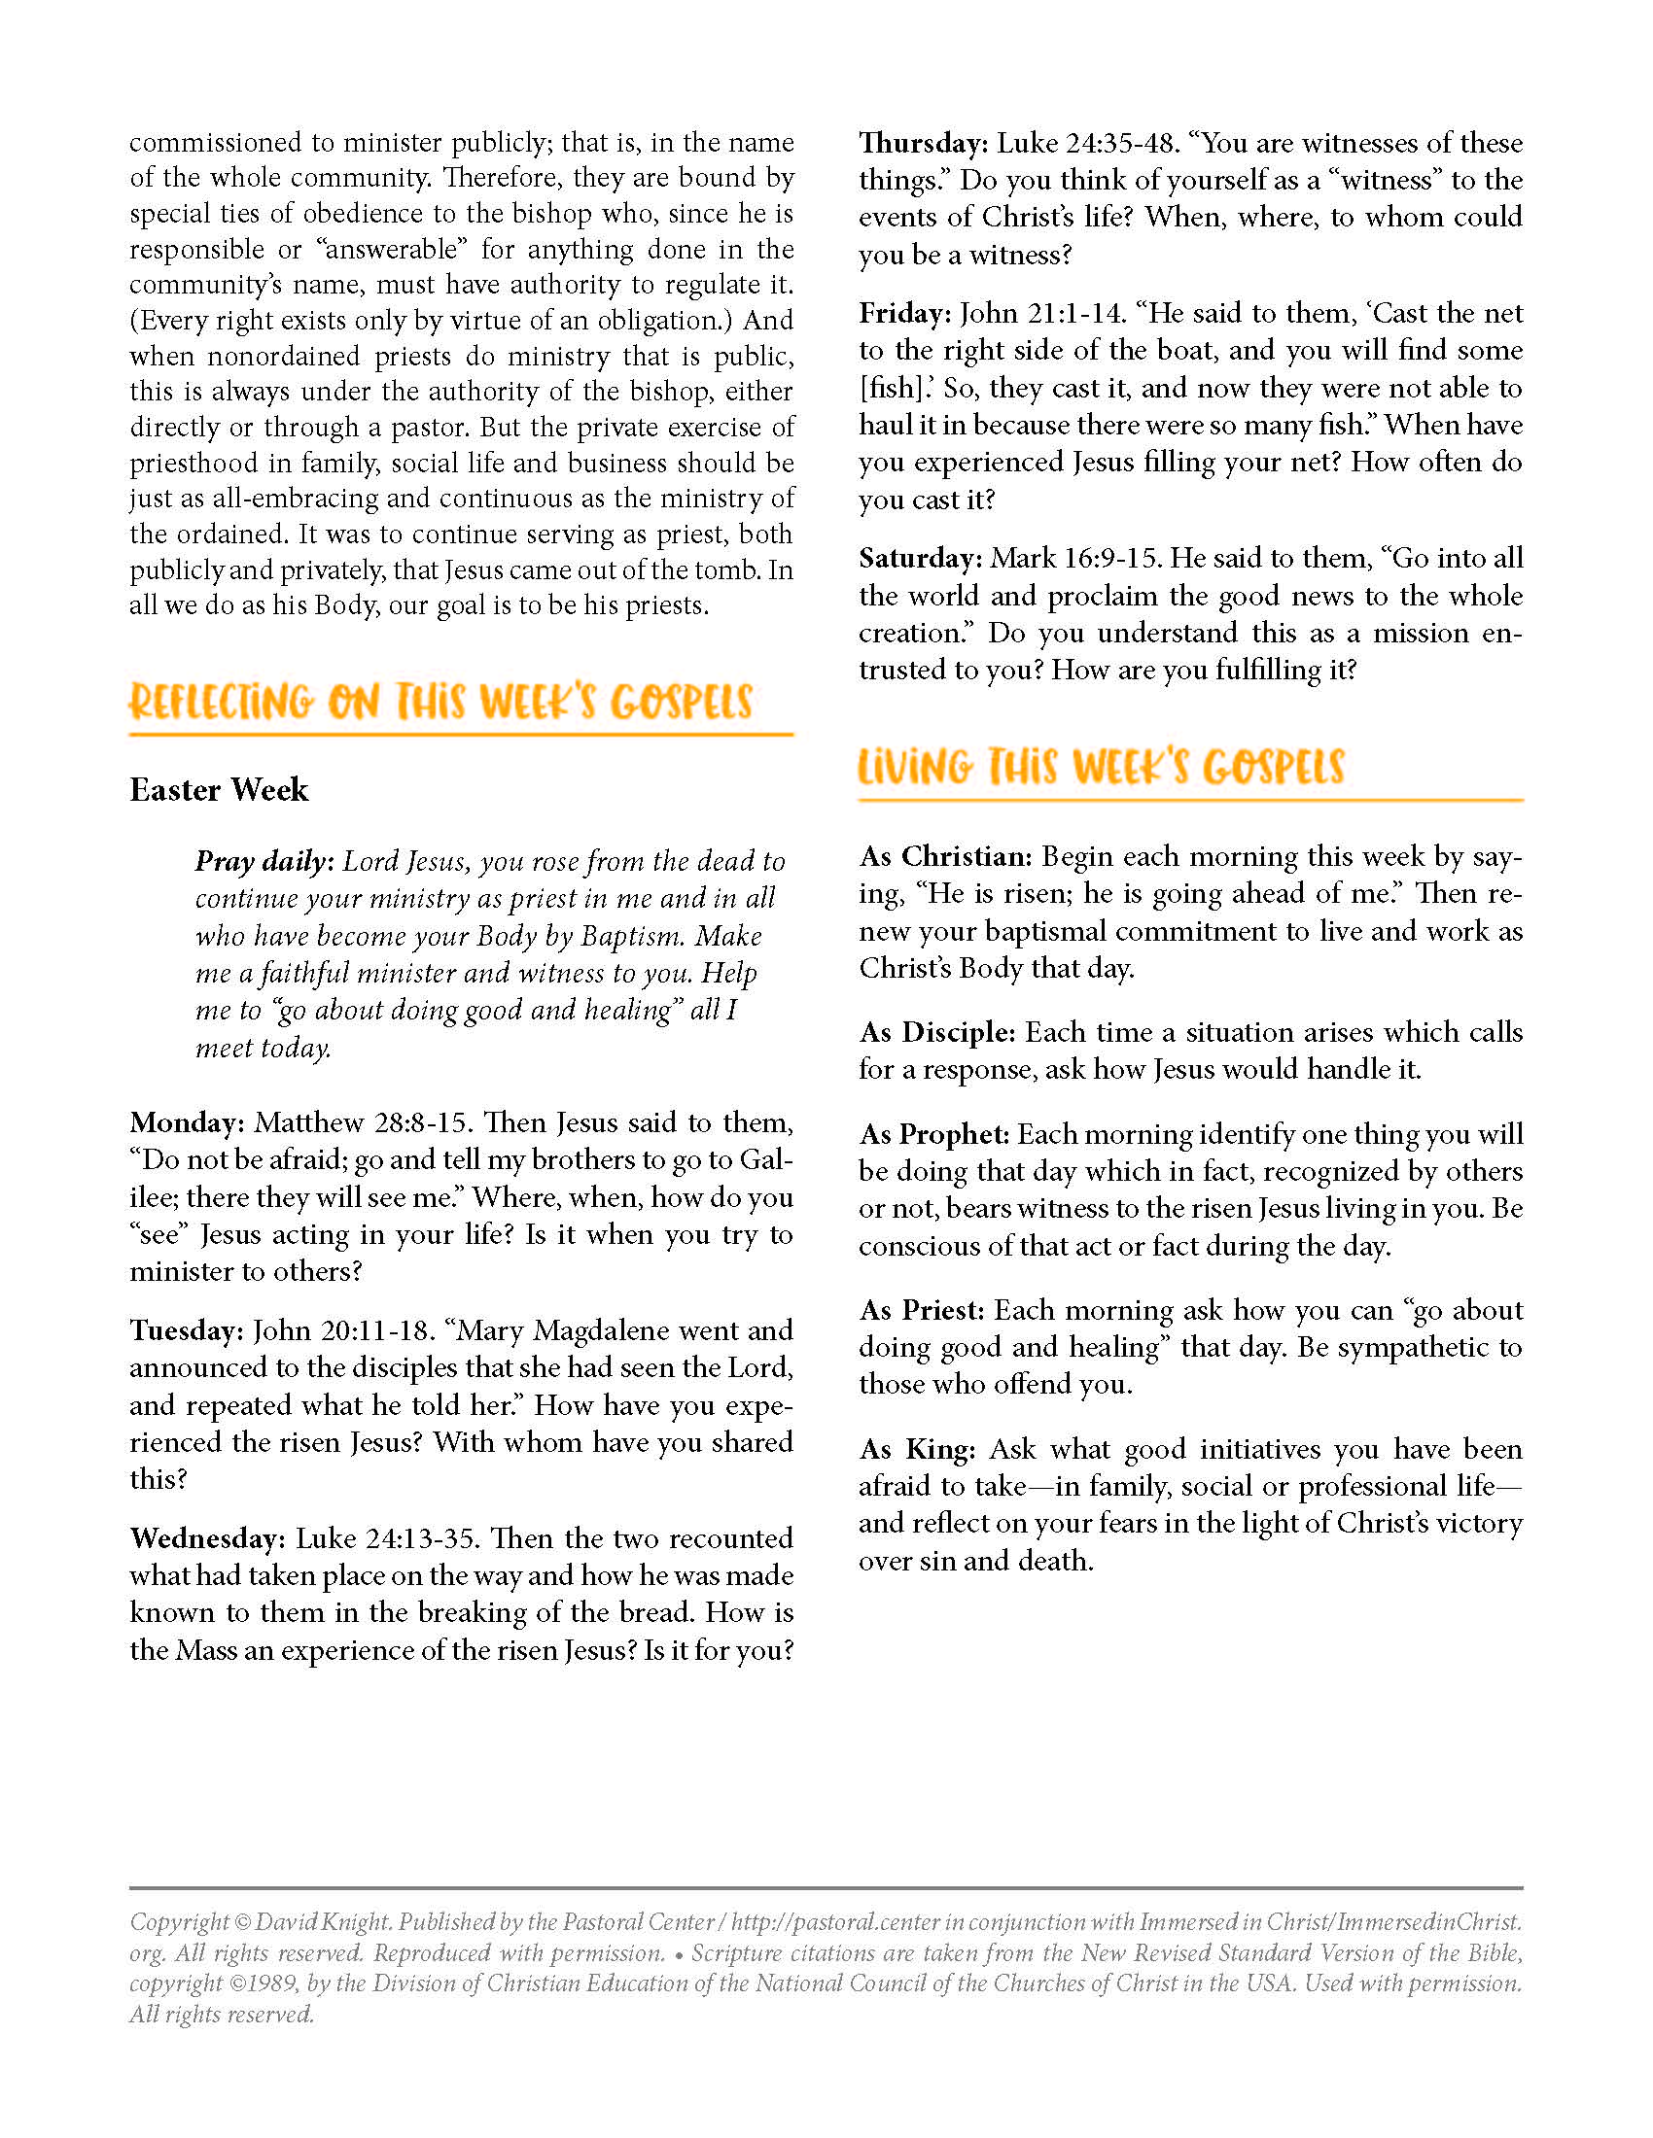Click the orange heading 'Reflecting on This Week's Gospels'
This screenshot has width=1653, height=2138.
440,703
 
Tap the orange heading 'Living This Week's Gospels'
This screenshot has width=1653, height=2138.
1101,768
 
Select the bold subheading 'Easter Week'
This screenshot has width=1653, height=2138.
219,790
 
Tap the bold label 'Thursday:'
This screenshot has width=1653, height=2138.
924,143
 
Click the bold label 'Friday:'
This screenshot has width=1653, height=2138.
905,313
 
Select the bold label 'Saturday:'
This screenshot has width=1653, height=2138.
921,558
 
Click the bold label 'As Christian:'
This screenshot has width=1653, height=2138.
946,856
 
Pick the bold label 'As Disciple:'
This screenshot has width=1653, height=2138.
937,1032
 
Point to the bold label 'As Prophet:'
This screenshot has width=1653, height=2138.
934,1133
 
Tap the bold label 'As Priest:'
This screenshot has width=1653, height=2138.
922,1310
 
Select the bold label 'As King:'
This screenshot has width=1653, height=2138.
917,1449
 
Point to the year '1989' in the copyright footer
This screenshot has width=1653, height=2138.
259,1984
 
